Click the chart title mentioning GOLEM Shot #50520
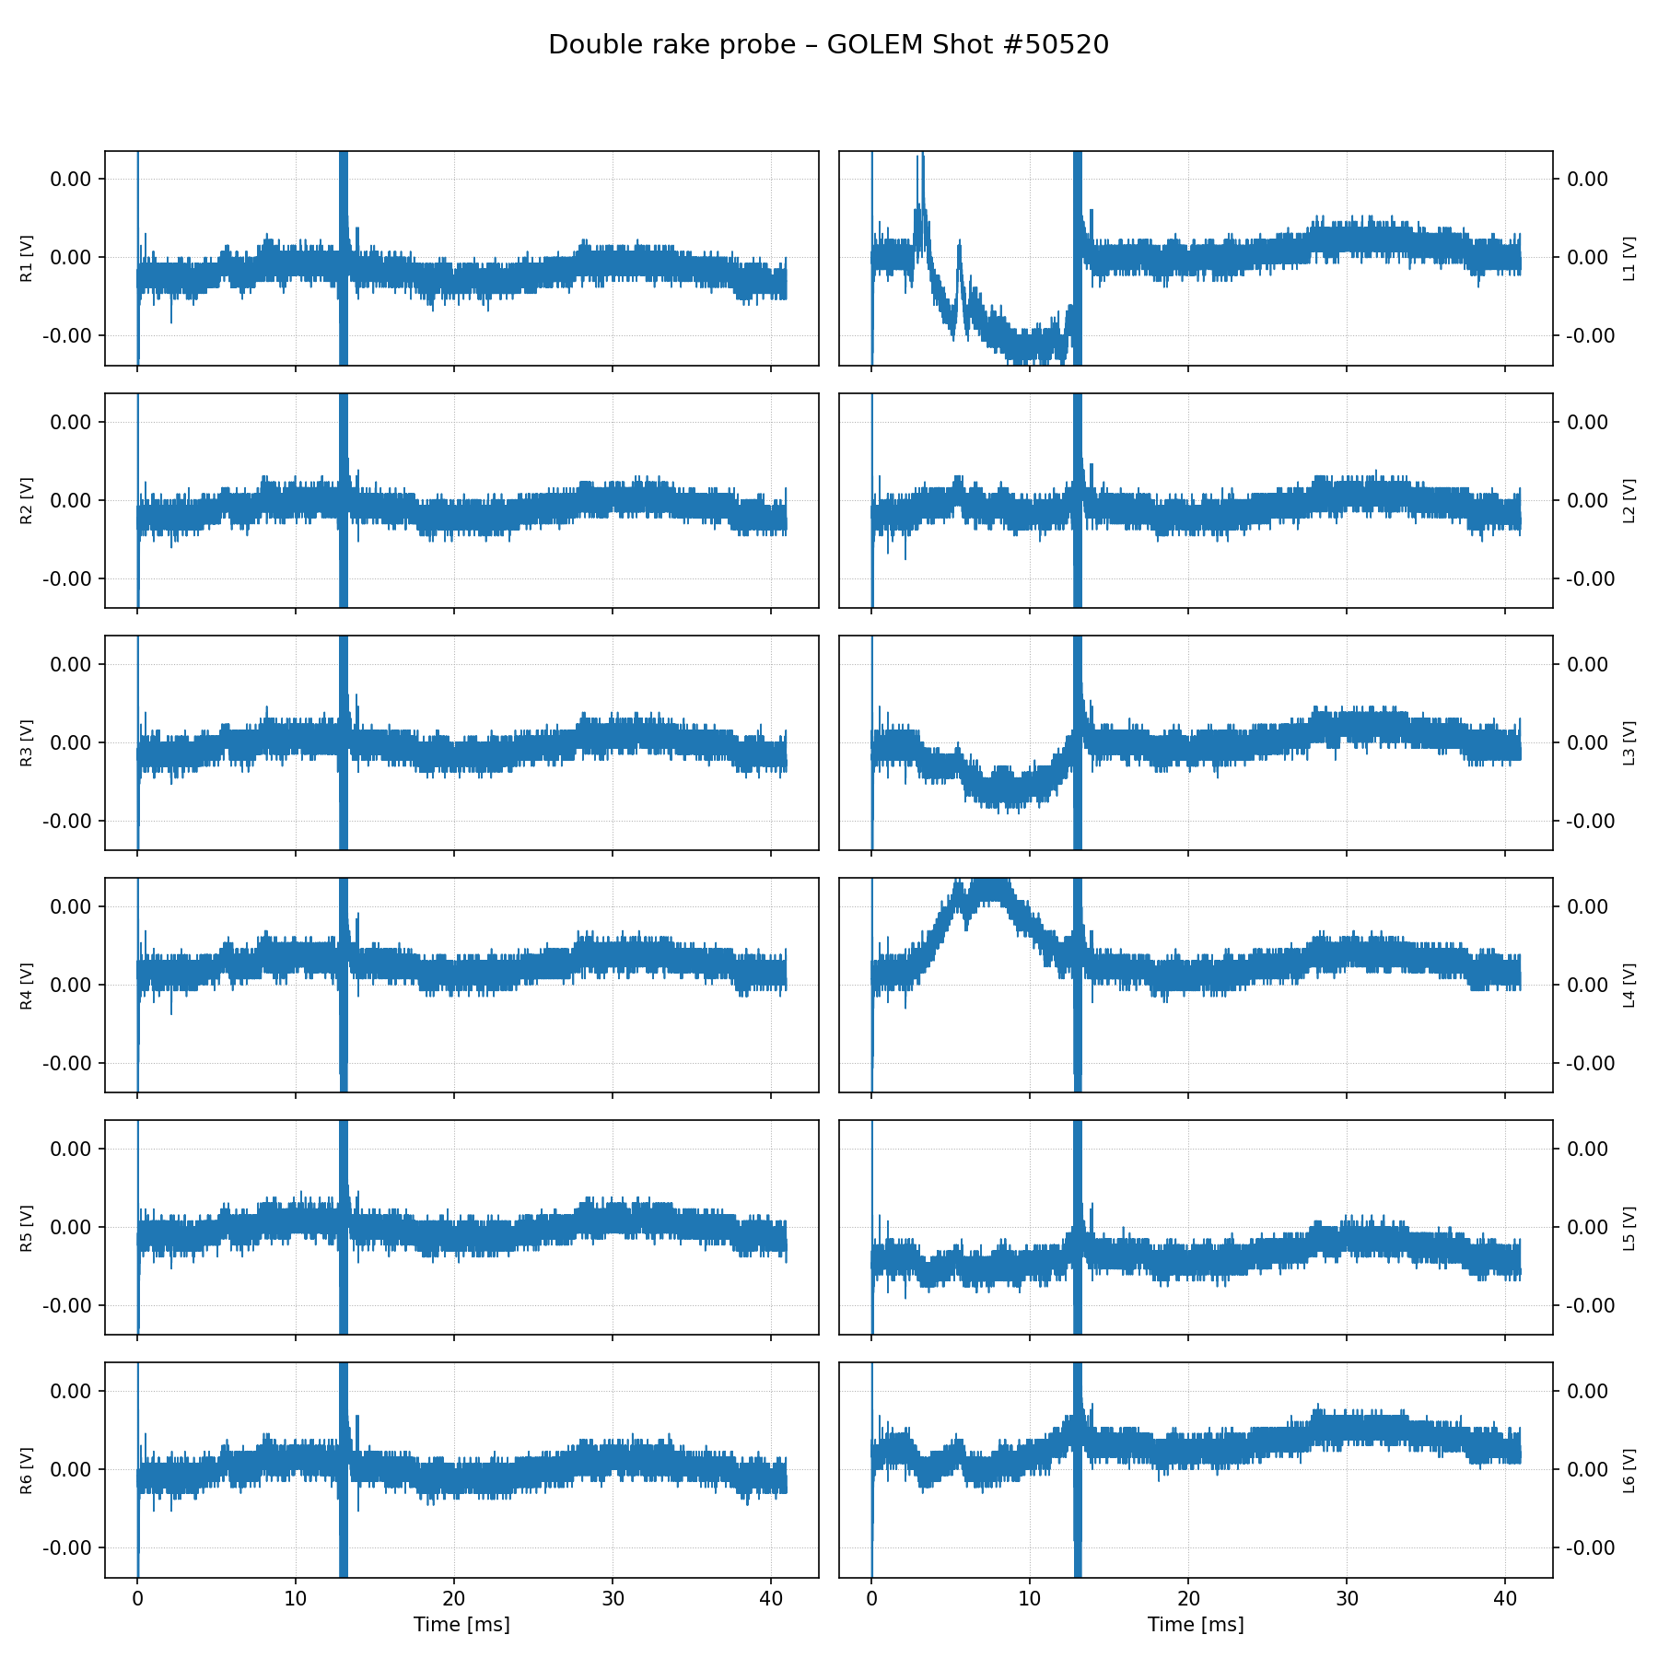pyautogui.click(x=828, y=44)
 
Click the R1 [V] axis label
pyautogui.click(x=27, y=259)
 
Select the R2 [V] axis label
pyautogui.click(x=27, y=501)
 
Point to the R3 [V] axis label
pyautogui.click(x=27, y=743)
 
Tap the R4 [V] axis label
pyautogui.click(x=27, y=986)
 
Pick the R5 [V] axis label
pyautogui.click(x=27, y=1228)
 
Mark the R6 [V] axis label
pyautogui.click(x=27, y=1470)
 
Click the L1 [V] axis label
pyautogui.click(x=1629, y=259)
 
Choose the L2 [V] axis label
pyautogui.click(x=1629, y=501)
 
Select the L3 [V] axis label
pyautogui.click(x=1629, y=743)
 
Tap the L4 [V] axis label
pyautogui.click(x=1629, y=986)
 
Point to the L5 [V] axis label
pyautogui.click(x=1629, y=1228)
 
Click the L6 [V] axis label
pyautogui.click(x=1629, y=1470)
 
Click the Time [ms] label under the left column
pyautogui.click(x=461, y=1624)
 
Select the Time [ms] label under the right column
pyautogui.click(x=1196, y=1624)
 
